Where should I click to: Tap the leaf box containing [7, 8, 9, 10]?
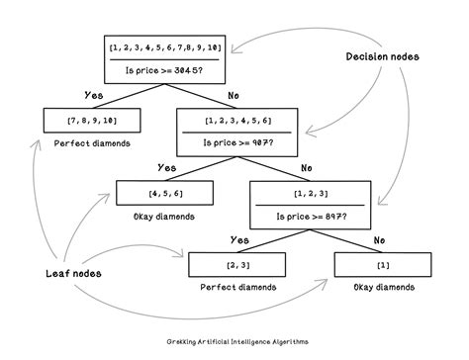[x=91, y=120]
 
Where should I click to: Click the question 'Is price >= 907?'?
[x=239, y=142]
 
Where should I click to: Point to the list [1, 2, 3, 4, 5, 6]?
[x=239, y=120]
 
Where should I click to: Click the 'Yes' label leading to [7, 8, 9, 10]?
[x=93, y=96]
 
